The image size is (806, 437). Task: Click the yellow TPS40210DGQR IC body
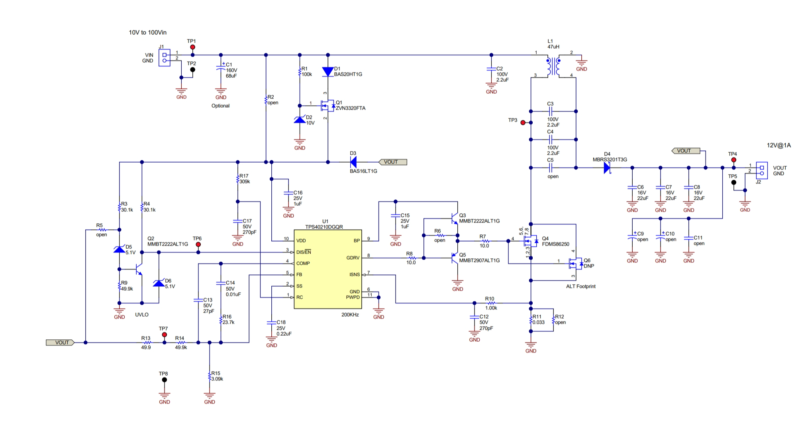coord(328,269)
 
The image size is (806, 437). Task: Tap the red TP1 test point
coord(192,47)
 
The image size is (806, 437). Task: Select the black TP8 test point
coord(164,380)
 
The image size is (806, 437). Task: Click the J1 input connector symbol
coord(164,58)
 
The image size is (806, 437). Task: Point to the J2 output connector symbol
coord(762,170)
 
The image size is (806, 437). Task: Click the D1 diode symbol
coord(328,72)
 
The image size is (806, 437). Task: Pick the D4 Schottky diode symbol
coord(607,168)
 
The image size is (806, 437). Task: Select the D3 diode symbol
coord(353,162)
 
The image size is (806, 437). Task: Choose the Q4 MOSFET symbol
coord(530,241)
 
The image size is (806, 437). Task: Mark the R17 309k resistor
coord(238,179)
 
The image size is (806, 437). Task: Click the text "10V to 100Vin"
coord(147,32)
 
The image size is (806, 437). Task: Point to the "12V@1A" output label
coord(779,145)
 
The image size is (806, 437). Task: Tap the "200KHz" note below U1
coord(350,315)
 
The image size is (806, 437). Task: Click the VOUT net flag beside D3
coord(392,162)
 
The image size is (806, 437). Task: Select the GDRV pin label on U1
coord(353,258)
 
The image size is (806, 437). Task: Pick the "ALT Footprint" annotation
coord(580,286)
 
